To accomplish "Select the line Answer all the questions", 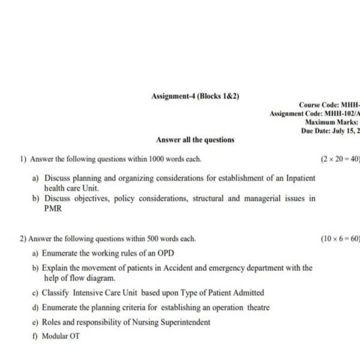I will coord(195,140).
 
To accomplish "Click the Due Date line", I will coord(331,131).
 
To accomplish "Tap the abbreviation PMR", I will coord(53,209).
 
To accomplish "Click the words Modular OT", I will coord(61,336).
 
